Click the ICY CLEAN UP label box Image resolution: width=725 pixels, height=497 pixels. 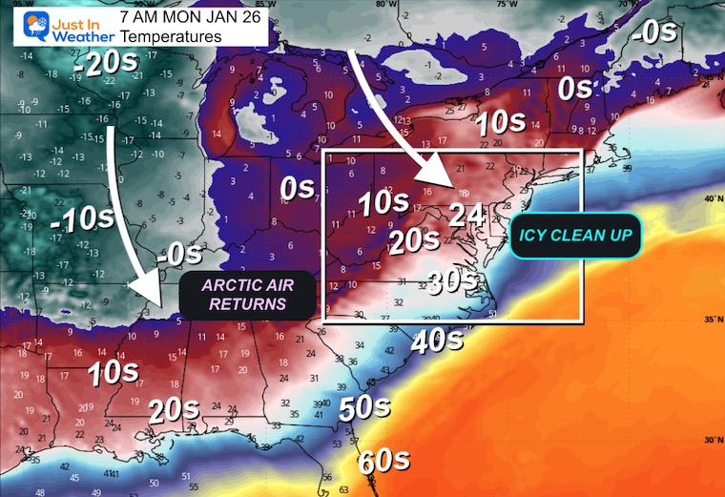pyautogui.click(x=574, y=234)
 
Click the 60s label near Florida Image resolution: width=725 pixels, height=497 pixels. pyautogui.click(x=383, y=462)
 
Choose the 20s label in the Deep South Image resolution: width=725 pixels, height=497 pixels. pyautogui.click(x=175, y=411)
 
